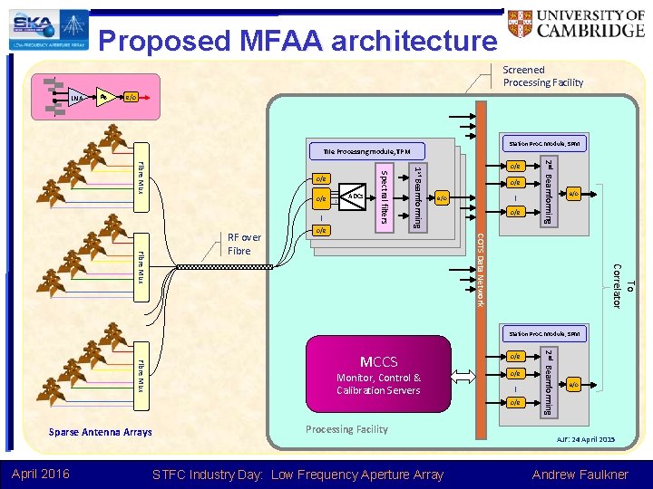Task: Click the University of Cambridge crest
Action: pos(524,26)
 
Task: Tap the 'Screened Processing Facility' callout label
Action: pos(543,76)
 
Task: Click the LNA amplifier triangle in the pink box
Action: pos(79,97)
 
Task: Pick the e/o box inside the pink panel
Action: pos(131,97)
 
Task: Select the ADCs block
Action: pos(356,196)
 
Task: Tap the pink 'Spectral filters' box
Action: pos(384,196)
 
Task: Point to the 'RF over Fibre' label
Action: pos(244,244)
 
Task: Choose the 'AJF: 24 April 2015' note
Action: pos(581,439)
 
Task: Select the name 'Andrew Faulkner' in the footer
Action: pos(580,475)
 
